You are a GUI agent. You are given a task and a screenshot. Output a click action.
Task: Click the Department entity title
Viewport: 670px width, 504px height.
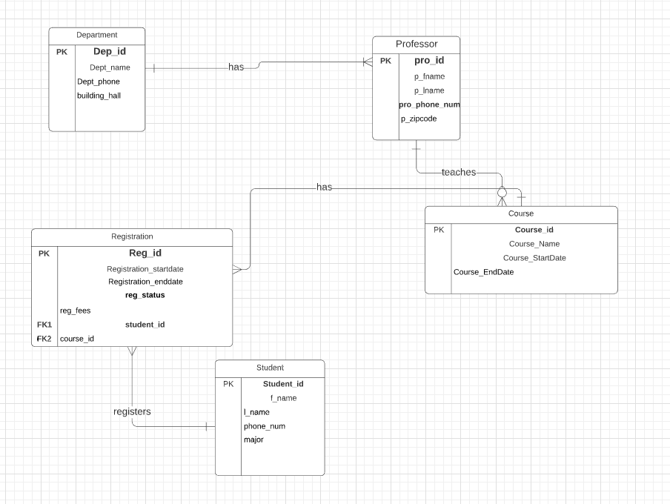pos(96,35)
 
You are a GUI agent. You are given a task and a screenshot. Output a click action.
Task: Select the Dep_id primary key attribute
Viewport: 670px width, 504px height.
pos(110,52)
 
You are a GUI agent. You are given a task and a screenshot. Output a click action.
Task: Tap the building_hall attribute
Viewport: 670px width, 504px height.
pos(99,96)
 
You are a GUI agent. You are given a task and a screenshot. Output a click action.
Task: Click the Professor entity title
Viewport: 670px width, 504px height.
pos(416,44)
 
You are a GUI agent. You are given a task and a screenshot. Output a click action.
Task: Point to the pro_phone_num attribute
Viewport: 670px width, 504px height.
pos(429,105)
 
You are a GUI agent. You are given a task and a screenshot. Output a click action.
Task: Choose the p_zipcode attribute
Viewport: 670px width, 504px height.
pos(419,119)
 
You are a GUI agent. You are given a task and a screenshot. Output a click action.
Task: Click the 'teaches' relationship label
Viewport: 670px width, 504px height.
pos(458,173)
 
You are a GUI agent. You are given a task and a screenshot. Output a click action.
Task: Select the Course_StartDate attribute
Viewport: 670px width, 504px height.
pos(534,258)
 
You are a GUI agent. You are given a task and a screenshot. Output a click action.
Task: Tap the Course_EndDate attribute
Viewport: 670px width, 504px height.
pos(483,272)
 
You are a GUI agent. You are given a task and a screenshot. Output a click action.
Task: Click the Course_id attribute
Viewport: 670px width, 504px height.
pos(534,230)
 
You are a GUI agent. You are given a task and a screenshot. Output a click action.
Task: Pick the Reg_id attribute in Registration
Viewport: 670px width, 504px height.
pos(145,253)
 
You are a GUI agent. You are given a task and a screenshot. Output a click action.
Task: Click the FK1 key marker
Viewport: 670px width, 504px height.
pos(44,325)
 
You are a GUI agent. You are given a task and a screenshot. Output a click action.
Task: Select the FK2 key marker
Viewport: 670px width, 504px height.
pos(44,339)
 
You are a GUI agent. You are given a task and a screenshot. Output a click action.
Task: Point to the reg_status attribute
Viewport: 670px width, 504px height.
pos(145,295)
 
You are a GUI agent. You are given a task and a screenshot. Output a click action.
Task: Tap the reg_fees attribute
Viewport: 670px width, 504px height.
pos(75,311)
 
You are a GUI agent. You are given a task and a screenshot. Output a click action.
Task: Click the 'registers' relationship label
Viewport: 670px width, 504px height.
pos(132,411)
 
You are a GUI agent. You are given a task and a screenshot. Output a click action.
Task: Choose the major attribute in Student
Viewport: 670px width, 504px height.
pos(253,440)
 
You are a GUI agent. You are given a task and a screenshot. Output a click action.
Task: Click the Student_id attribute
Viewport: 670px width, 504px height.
pos(283,384)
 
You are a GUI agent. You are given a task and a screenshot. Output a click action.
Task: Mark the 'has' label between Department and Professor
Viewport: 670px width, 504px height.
pos(236,67)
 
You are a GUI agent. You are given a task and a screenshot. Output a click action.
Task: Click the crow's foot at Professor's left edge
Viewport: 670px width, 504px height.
pos(367,63)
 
